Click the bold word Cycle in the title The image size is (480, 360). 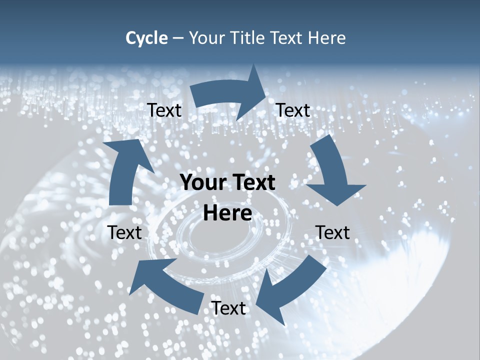click(146, 38)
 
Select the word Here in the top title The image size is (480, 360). click(325, 38)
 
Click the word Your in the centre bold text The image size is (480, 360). click(201, 183)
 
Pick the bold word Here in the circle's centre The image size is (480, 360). click(227, 213)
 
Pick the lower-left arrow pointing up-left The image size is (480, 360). click(165, 285)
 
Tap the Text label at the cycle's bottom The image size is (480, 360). click(228, 308)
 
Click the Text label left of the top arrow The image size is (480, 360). click(164, 110)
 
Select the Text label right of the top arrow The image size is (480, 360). click(293, 110)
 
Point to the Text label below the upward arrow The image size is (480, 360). click(124, 232)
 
